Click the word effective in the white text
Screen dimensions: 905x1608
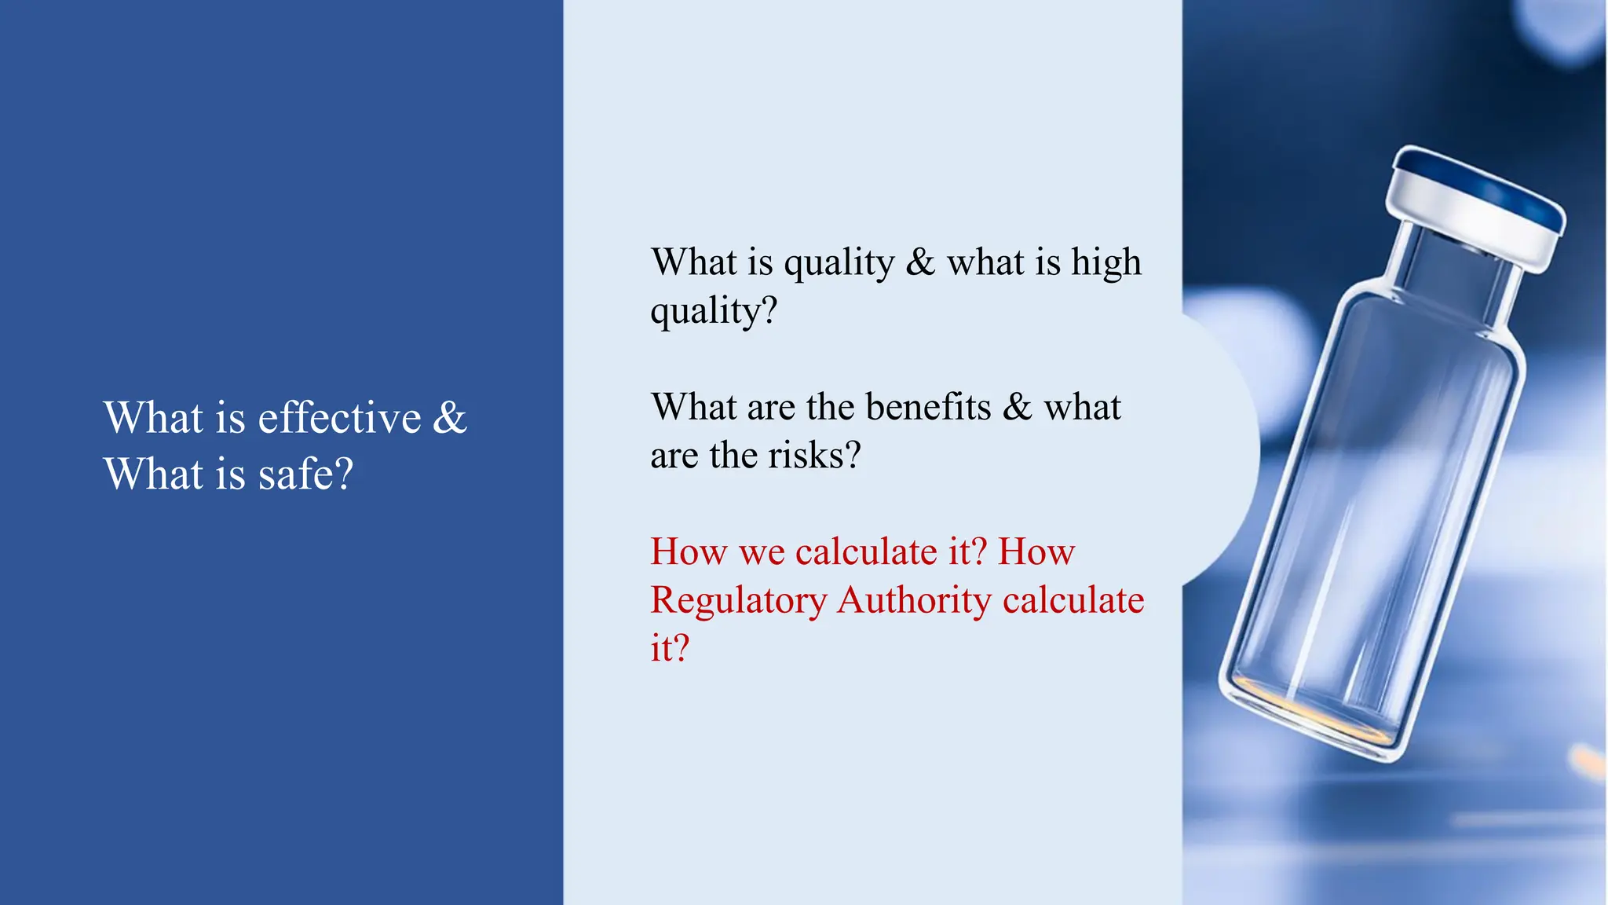339,417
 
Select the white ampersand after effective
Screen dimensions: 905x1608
450,417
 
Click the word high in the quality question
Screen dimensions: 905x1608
1106,262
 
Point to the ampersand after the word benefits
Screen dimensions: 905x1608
1017,407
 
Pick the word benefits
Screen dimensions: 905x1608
928,407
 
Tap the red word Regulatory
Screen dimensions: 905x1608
738,601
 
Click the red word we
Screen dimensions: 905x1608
762,552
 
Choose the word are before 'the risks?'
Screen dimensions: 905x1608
674,456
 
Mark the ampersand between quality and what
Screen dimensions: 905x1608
920,262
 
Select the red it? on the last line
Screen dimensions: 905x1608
669,649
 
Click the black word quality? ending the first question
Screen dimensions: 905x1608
713,311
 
